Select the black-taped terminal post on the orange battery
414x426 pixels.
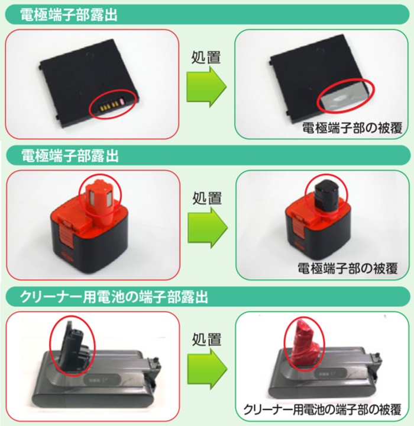coord(326,196)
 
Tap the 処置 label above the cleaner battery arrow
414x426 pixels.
coord(207,339)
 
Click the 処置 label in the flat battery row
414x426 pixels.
coord(207,59)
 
